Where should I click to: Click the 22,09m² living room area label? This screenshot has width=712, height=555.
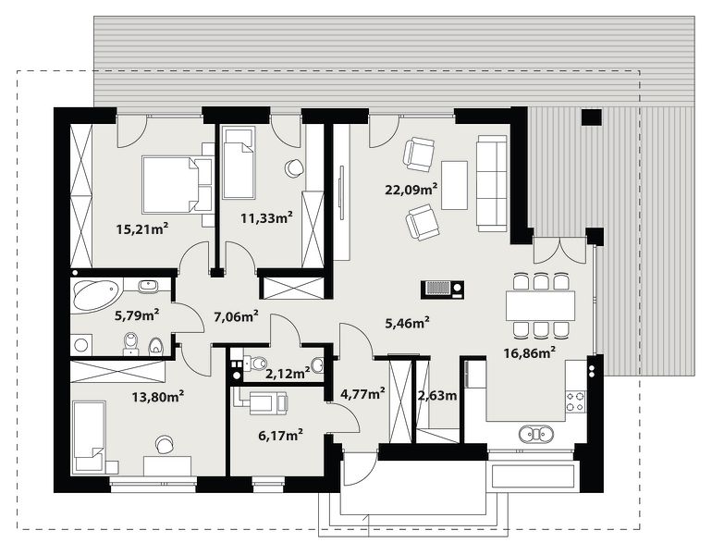[411, 189]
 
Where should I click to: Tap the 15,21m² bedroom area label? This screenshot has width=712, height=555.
[142, 228]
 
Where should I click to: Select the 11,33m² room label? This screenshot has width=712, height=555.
[266, 217]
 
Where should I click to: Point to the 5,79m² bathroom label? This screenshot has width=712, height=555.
[137, 314]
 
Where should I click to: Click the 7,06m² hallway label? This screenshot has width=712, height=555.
[236, 315]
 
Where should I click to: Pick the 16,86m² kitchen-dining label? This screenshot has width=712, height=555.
[530, 352]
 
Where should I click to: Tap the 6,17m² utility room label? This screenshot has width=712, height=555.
[280, 436]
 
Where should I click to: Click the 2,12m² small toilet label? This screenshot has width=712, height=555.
[288, 374]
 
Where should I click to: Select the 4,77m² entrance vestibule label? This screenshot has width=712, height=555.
[363, 393]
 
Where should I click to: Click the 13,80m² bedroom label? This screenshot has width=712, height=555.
[158, 398]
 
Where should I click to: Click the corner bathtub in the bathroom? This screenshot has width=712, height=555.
[96, 295]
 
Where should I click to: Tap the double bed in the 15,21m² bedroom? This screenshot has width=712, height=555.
[178, 185]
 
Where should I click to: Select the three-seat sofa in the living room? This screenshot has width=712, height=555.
[492, 183]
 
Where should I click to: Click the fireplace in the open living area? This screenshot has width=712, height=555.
[443, 290]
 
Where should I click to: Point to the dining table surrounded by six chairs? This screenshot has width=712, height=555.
[540, 305]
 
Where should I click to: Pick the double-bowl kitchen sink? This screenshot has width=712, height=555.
[536, 434]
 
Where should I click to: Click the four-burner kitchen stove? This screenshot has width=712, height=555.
[575, 401]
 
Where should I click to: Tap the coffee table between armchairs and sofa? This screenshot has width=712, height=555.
[455, 185]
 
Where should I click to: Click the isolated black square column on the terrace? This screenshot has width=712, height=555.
[592, 117]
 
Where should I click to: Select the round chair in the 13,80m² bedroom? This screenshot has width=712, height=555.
[164, 444]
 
